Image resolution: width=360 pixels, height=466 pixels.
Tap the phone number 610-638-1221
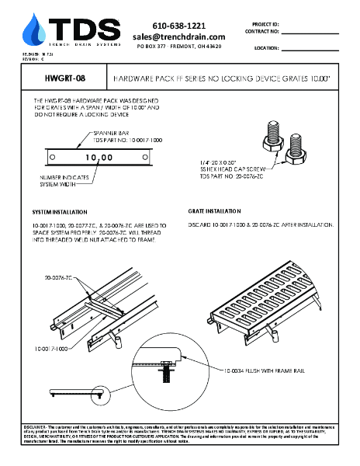pyautogui.click(x=178, y=26)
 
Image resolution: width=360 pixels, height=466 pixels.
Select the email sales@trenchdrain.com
pyautogui.click(x=178, y=37)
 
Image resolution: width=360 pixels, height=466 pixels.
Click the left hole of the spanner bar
pyautogui.click(x=52, y=158)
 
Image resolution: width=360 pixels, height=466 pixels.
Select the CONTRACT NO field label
pyautogui.click(x=263, y=32)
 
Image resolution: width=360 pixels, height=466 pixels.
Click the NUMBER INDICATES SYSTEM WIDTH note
pyautogui.click(x=55, y=180)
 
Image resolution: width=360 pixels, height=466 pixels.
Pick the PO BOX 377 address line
pyautogui.click(x=178, y=47)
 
